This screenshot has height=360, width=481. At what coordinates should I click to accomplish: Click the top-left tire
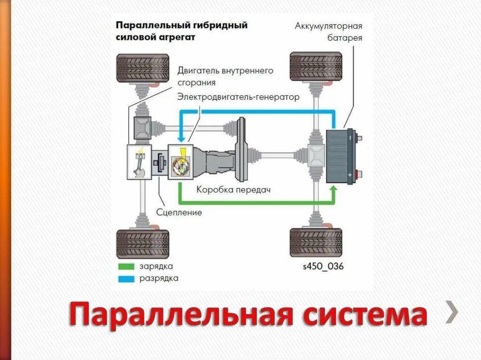coord(142,68)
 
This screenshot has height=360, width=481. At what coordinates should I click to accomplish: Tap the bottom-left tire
coord(142,244)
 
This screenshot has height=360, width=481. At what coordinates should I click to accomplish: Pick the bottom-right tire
coord(316,243)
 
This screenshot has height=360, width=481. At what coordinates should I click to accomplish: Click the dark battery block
coord(339,156)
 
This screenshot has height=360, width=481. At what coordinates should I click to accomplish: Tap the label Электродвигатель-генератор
coord(238,97)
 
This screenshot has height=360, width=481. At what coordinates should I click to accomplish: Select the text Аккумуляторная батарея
coord(328,31)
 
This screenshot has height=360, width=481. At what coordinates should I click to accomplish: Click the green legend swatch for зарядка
coord(125,266)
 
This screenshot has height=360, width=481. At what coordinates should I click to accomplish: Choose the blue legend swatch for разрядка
coord(125,278)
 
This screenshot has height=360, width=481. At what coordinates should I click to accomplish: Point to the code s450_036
coord(323,267)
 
